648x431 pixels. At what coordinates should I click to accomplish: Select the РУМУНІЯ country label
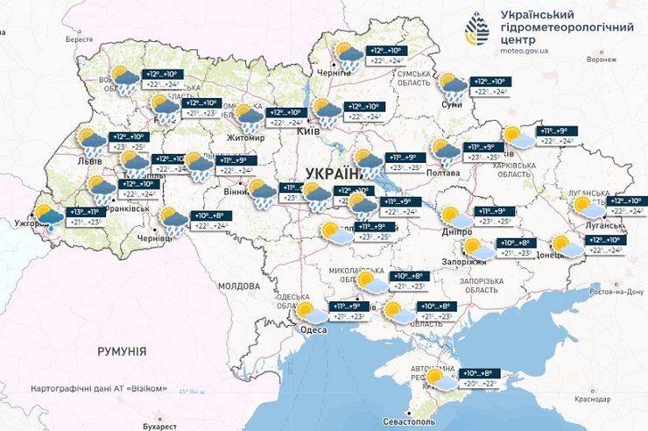pos(121,350)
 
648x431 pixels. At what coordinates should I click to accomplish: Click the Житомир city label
pos(244,138)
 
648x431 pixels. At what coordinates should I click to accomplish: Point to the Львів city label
pos(89,162)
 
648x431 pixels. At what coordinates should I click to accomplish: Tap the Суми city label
pos(452,105)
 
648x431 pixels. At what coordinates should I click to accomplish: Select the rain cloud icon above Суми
pos(453,86)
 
